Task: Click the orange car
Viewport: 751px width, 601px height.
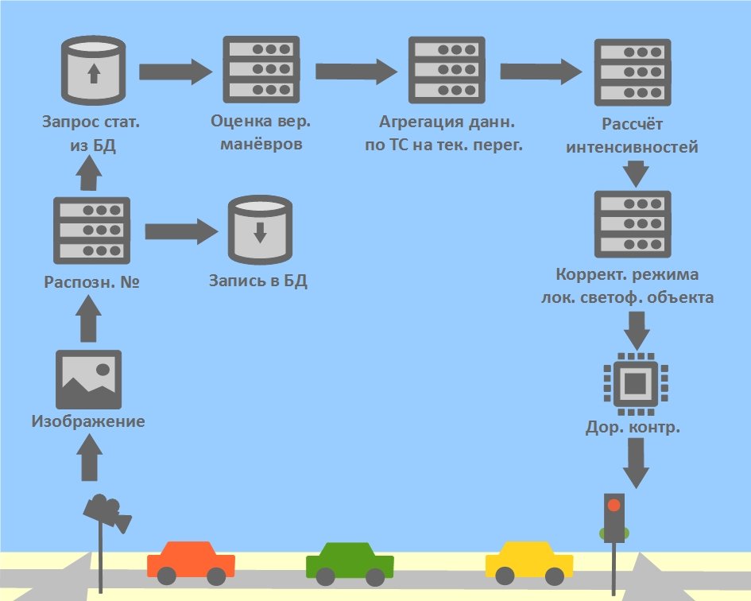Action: tap(191, 561)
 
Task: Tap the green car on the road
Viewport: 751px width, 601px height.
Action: tap(350, 561)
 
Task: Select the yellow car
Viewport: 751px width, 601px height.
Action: tap(529, 561)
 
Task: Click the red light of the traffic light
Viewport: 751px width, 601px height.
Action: tap(614, 505)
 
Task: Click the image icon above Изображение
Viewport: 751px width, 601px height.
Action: tap(88, 379)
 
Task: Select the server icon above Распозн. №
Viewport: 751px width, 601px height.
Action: tap(91, 230)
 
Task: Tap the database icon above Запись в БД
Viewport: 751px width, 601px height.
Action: tap(258, 231)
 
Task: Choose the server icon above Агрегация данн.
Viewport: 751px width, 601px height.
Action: tap(447, 72)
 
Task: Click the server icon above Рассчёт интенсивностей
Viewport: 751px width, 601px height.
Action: tap(633, 73)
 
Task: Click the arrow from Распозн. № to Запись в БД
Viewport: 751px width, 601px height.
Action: tap(181, 231)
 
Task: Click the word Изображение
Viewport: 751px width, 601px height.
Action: tap(88, 421)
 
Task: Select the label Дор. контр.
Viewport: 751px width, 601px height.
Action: tap(633, 428)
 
